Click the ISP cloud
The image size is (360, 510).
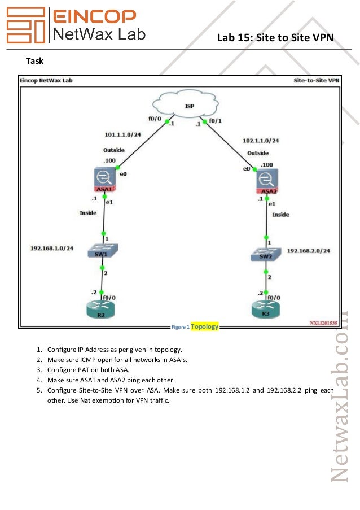(x=186, y=106)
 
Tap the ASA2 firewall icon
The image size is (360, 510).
(x=266, y=182)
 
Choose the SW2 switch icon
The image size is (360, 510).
(x=266, y=255)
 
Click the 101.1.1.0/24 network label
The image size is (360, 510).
(x=122, y=135)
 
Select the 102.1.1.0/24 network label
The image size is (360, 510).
(x=260, y=140)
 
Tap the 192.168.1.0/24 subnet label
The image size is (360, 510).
(x=52, y=248)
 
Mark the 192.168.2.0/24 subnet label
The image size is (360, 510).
(x=309, y=250)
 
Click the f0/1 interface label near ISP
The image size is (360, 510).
(x=214, y=120)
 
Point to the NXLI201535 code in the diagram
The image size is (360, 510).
(x=324, y=323)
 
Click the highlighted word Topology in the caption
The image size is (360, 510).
(x=204, y=326)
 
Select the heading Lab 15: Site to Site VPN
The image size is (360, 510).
(x=275, y=38)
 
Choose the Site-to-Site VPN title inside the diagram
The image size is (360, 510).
(x=317, y=81)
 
